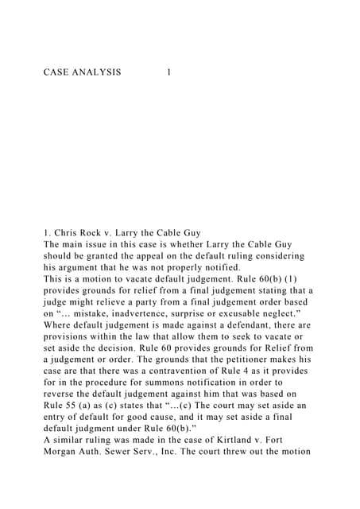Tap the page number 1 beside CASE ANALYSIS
pos(168,72)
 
